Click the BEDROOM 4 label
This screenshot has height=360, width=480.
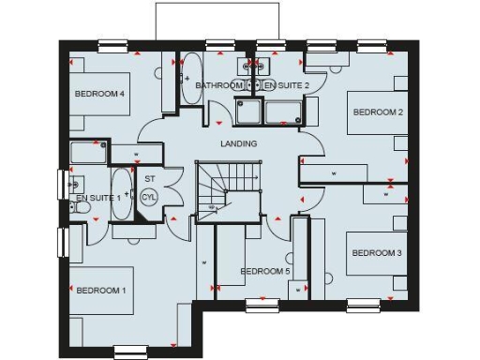coord(100,94)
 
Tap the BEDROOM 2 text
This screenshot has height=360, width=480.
coord(378,112)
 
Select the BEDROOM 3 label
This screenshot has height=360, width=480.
coord(376,253)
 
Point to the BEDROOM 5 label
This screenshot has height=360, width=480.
coord(265,272)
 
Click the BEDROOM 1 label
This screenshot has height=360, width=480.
coord(101,290)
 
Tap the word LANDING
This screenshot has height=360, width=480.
coord(238,144)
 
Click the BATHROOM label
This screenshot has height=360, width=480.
coord(218,85)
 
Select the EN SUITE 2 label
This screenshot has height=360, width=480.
coord(282,85)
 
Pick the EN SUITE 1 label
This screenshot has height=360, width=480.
coord(98,198)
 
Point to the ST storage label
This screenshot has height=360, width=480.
coord(150,178)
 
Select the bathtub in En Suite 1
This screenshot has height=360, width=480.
coord(122,194)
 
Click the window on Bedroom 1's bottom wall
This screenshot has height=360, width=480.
coord(131,352)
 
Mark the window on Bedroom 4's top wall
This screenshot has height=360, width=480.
coord(113,43)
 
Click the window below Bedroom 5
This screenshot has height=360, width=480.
coord(262,305)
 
